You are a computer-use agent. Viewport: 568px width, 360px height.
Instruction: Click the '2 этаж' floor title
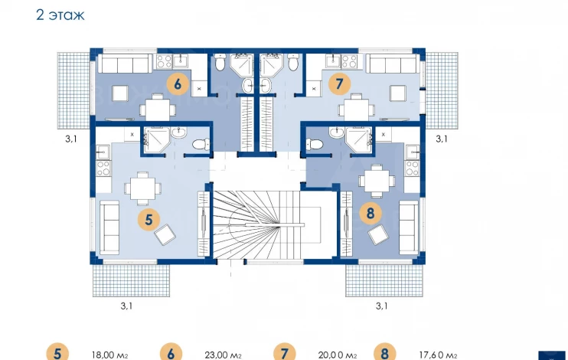[60, 15]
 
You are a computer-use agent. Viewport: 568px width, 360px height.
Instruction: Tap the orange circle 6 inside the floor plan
[178, 84]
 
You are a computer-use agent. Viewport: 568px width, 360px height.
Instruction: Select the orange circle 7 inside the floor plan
[339, 83]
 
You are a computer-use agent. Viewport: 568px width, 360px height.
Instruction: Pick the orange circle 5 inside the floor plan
[149, 219]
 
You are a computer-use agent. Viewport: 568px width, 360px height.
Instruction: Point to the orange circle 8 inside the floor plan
[371, 213]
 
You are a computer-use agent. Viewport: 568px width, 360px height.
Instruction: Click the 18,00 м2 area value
[109, 355]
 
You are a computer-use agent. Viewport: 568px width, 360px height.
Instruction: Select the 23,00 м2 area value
[223, 355]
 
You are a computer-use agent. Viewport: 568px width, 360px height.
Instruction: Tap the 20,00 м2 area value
[338, 355]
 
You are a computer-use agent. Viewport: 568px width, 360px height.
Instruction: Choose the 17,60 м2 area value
[438, 355]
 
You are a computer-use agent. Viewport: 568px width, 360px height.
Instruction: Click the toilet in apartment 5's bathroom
[201, 144]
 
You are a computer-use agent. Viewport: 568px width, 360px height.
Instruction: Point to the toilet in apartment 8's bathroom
[315, 144]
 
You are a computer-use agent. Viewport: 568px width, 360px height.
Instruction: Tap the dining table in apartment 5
[142, 188]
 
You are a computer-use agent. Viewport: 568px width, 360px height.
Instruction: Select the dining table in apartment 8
[377, 181]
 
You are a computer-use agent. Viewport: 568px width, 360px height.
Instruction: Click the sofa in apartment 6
[125, 64]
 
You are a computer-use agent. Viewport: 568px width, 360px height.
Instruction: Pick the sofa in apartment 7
[393, 64]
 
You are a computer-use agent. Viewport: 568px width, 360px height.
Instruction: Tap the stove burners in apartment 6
[164, 61]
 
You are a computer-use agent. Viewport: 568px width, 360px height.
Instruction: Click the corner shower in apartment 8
[358, 140]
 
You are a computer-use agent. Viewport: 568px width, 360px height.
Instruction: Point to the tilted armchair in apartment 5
[165, 234]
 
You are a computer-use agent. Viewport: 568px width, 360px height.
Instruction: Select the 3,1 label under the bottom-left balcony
[126, 306]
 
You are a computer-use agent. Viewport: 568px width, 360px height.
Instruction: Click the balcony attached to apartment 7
[442, 90]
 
